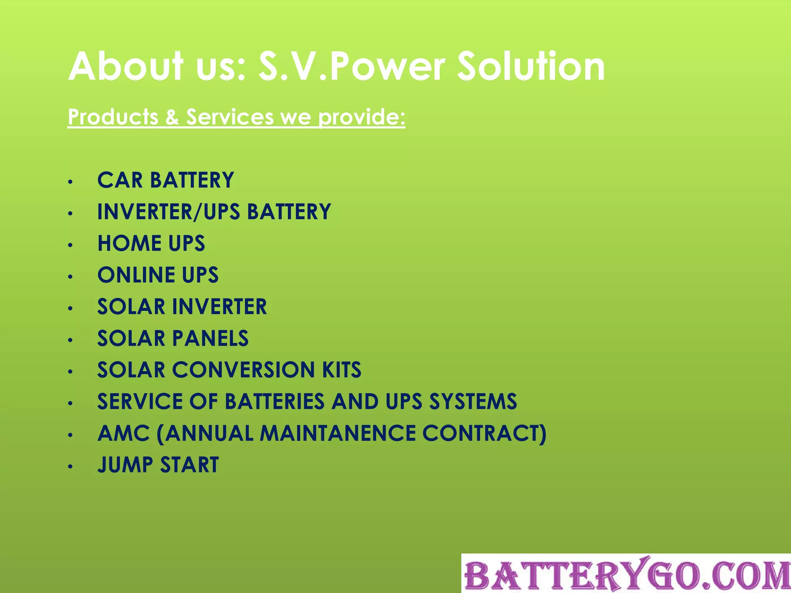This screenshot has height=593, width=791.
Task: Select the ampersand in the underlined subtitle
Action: point(172,117)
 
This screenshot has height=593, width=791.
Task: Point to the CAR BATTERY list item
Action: point(166,180)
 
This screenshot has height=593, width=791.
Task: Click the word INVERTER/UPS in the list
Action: point(168,212)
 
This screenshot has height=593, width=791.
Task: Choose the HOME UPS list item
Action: point(151,243)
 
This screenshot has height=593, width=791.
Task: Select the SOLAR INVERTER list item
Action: point(182,307)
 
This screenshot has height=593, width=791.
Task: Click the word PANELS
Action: point(210,338)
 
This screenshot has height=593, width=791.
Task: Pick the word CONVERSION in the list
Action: point(244,370)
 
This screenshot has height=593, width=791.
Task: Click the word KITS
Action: point(342,370)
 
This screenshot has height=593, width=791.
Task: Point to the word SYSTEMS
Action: point(473,402)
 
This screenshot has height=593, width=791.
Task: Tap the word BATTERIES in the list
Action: point(275,402)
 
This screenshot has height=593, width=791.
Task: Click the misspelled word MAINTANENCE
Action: point(338,433)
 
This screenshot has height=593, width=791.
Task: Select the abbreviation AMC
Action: point(124,433)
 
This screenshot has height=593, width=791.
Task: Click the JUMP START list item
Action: point(158,465)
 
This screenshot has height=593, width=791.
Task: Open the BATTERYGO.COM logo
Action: point(626,574)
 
